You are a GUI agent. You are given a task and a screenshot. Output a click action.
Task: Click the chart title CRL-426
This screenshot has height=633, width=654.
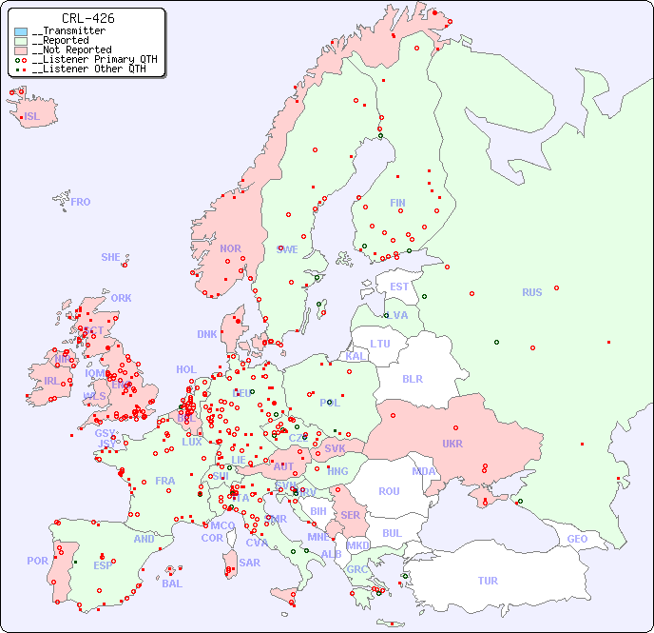[87, 18]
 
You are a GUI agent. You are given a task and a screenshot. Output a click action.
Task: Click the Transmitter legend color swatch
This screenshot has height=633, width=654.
[21, 31]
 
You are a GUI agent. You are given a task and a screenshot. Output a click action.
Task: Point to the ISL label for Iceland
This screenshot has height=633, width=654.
[32, 117]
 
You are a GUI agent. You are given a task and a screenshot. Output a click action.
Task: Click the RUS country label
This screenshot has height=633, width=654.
[531, 292]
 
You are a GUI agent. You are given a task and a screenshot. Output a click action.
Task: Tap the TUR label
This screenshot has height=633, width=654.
[488, 581]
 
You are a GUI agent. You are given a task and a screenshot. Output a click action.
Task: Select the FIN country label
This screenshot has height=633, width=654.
[397, 203]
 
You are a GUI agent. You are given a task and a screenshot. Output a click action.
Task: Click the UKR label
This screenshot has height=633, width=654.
[452, 444]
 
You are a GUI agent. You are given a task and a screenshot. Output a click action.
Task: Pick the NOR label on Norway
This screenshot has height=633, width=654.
[230, 248]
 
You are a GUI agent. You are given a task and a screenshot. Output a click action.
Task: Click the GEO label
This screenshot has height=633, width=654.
[577, 539]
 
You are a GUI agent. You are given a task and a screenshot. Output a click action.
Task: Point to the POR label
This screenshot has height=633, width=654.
[37, 561]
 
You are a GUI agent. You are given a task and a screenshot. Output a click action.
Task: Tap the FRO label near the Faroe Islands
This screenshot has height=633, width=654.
[80, 202]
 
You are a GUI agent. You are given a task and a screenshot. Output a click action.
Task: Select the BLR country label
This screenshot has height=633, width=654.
[413, 378]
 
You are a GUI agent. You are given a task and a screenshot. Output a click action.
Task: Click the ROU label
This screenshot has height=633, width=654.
[389, 491]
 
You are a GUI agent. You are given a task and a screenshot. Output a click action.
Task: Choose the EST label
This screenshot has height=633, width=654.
[399, 287]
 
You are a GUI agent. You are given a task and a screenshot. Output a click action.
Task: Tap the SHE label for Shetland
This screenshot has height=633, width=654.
[111, 257]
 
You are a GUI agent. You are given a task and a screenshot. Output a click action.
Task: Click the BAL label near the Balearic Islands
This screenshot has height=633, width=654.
[172, 584]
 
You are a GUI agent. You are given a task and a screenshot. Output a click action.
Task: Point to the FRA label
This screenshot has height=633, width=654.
[165, 481]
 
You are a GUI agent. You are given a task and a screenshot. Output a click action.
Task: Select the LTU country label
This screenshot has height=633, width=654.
[380, 344]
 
